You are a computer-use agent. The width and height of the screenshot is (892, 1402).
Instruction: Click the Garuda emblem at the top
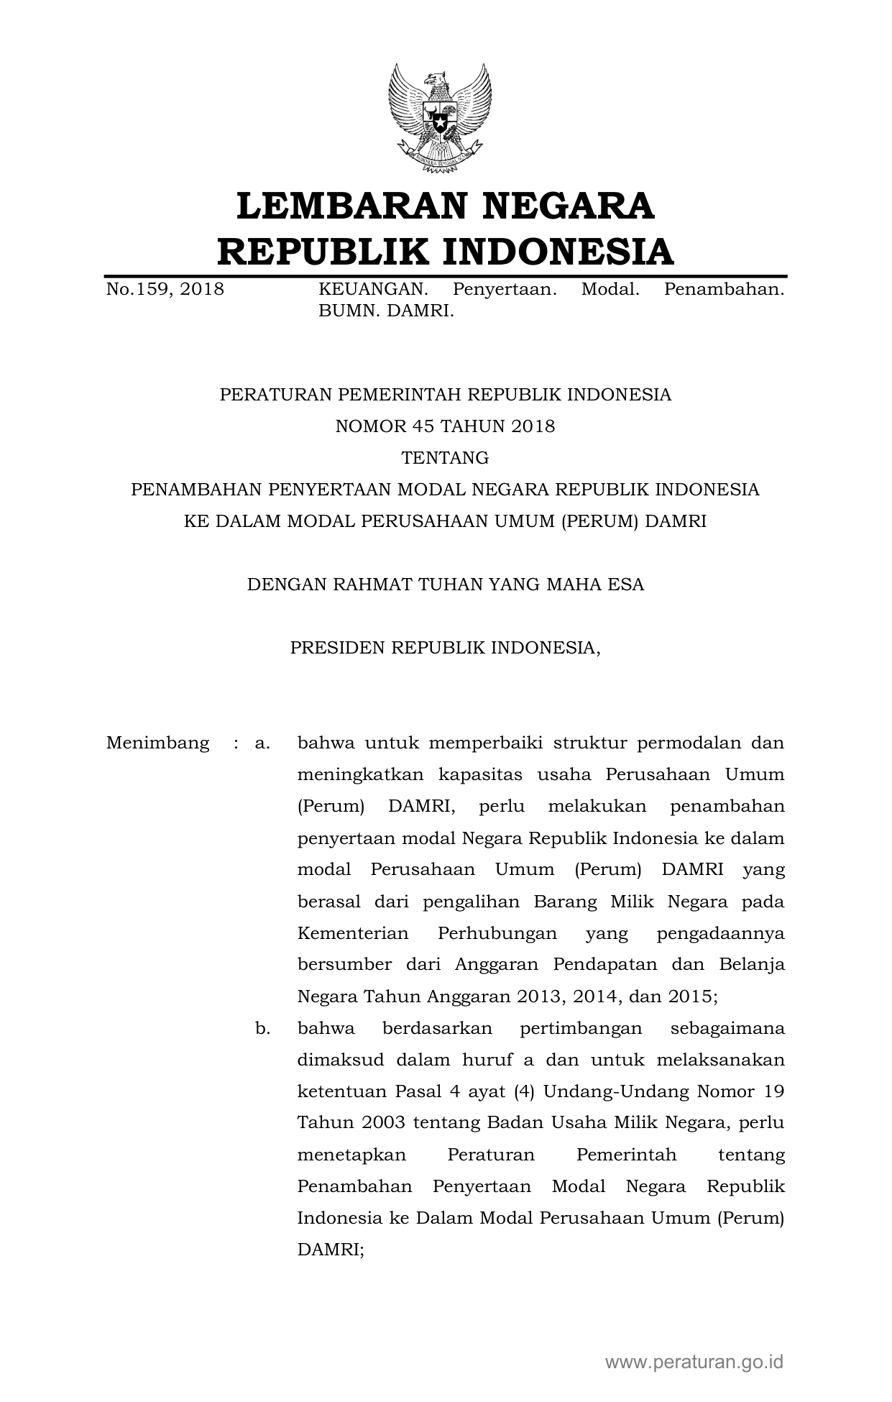[x=440, y=118]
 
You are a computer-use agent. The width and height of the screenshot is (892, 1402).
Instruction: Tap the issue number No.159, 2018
[x=165, y=290]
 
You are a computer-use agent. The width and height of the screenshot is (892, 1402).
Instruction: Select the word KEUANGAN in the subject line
[x=373, y=290]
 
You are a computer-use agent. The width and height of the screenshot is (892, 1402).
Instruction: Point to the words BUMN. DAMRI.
[x=387, y=311]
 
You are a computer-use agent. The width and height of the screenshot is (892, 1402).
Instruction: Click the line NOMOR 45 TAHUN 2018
[x=445, y=426]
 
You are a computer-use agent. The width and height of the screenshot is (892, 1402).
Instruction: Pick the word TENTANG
[x=445, y=458]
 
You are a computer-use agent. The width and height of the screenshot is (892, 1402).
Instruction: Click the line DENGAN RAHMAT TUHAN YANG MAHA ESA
[x=445, y=585]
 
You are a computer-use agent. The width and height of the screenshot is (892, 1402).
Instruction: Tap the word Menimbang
[x=157, y=743]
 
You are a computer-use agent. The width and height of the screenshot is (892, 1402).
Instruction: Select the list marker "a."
[x=262, y=743]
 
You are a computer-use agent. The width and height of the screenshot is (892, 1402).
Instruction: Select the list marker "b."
[x=262, y=1028]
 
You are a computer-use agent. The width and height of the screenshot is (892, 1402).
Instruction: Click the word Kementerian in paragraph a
[x=353, y=933]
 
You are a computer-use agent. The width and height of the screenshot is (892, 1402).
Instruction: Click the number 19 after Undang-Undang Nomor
[x=774, y=1091]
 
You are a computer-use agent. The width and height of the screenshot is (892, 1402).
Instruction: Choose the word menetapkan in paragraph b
[x=351, y=1155]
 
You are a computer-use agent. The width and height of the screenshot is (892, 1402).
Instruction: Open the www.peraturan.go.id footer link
[x=694, y=1362]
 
